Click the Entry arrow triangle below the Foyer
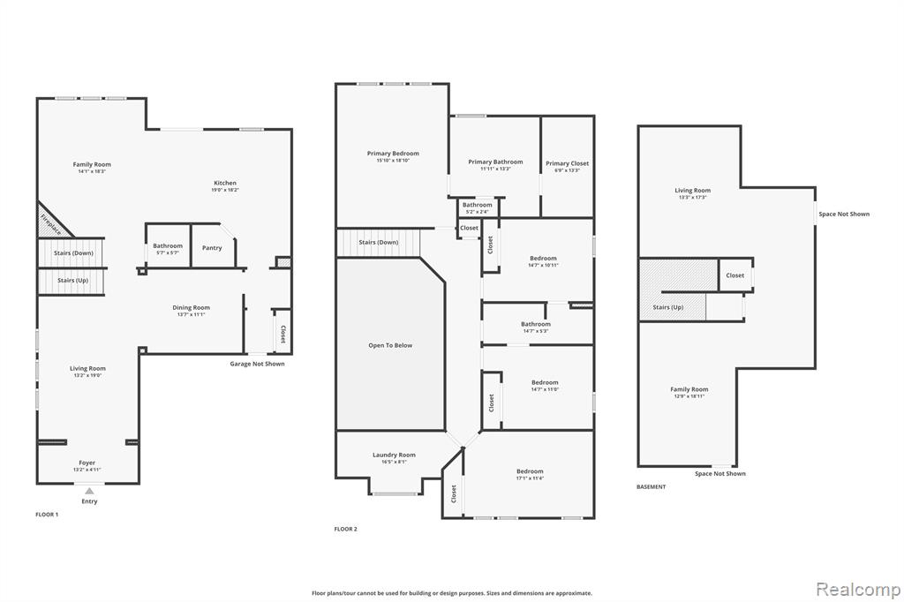click(x=89, y=492)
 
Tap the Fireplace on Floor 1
click(x=52, y=222)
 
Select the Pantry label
click(x=212, y=248)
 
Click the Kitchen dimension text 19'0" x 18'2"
click(x=225, y=190)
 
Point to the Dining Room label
click(x=191, y=307)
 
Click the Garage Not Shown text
click(x=257, y=364)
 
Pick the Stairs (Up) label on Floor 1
click(x=72, y=280)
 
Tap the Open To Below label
click(x=390, y=345)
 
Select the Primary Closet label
click(x=568, y=163)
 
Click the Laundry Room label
click(x=394, y=455)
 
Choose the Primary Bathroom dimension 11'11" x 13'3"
click(x=495, y=169)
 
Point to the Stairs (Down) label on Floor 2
click(x=378, y=242)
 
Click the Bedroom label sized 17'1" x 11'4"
click(x=530, y=471)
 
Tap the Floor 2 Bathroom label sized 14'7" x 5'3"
click(x=536, y=324)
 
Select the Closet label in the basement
click(x=735, y=275)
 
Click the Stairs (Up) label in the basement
click(x=667, y=307)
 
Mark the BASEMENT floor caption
click(x=651, y=486)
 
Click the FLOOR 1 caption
click(x=47, y=515)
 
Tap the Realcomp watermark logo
click(x=858, y=590)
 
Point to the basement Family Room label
click(x=689, y=389)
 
